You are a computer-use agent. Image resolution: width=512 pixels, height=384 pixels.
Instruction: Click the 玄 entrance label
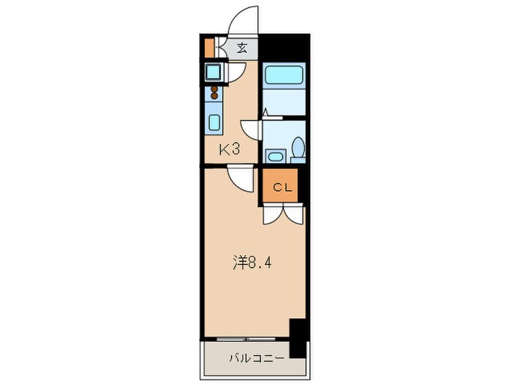point(242,50)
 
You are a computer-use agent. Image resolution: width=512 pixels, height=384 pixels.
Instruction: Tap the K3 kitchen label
point(230,149)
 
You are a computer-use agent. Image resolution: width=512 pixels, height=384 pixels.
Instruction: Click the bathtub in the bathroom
point(282,75)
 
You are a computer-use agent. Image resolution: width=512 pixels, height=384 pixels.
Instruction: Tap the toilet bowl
point(297,148)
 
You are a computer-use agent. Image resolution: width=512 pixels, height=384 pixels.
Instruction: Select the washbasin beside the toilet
point(275,156)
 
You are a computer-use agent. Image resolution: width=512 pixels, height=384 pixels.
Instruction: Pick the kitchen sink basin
point(215,121)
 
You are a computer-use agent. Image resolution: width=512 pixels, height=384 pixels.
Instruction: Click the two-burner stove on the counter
point(214,93)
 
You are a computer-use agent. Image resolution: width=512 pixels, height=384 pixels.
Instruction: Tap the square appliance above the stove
point(214,72)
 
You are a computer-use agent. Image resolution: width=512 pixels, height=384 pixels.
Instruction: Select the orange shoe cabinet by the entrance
point(209,48)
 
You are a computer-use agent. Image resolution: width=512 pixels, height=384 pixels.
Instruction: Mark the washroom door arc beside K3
point(251,129)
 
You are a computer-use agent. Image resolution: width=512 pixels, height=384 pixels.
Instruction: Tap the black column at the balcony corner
point(297,338)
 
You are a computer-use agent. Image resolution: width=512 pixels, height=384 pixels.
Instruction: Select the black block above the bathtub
point(284,48)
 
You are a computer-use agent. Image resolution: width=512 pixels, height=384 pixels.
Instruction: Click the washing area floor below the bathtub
point(282,102)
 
